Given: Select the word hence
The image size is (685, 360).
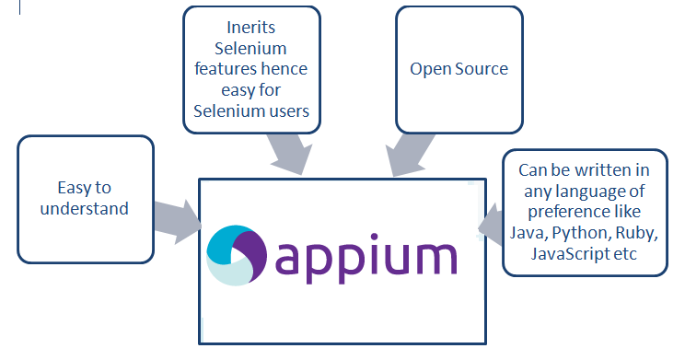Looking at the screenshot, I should (287, 70).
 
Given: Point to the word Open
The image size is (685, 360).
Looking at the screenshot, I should (431, 70).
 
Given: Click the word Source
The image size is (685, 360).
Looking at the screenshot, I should (482, 70).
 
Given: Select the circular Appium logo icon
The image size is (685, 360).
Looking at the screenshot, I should (237, 258).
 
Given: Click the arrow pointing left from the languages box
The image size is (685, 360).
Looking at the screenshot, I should (489, 226).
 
